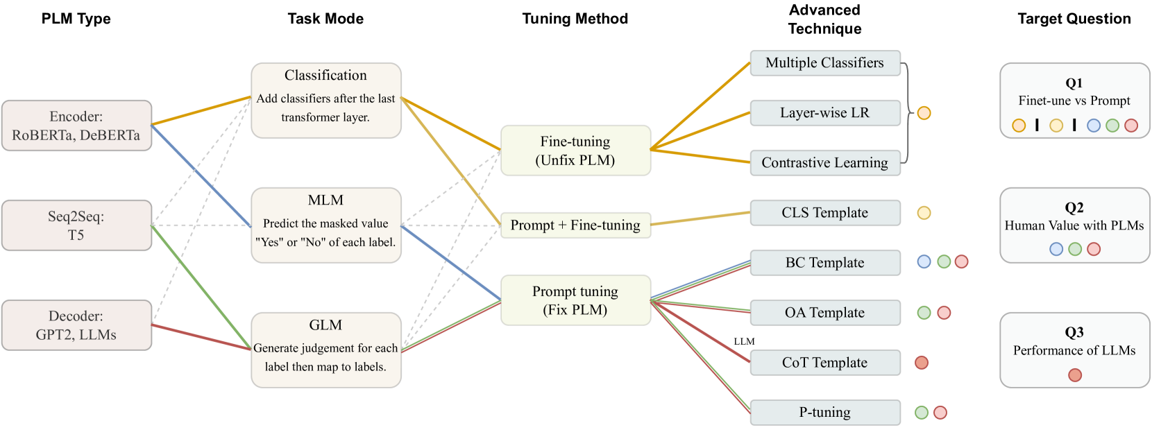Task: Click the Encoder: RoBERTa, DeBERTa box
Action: pos(76,126)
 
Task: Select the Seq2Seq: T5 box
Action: pos(76,225)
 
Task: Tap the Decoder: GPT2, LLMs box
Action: pos(76,325)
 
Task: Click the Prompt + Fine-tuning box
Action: pos(575,225)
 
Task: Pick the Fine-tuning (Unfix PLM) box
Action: pos(575,150)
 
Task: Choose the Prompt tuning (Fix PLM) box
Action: pos(575,300)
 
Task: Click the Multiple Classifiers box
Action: pos(825,62)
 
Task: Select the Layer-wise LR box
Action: pos(825,113)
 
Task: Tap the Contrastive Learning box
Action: pos(825,163)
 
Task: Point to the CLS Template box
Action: pos(825,213)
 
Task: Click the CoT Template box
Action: pos(825,363)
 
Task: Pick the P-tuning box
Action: pos(825,413)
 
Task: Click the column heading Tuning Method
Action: pos(575,19)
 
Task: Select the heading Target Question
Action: pos(1074,19)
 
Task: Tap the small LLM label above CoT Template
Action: pos(744,341)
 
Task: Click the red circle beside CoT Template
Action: pos(922,363)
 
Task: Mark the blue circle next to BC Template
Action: pos(924,262)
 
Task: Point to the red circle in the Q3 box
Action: pos(1075,375)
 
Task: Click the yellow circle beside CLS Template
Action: pos(924,213)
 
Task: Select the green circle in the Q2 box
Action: pos(1076,249)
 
